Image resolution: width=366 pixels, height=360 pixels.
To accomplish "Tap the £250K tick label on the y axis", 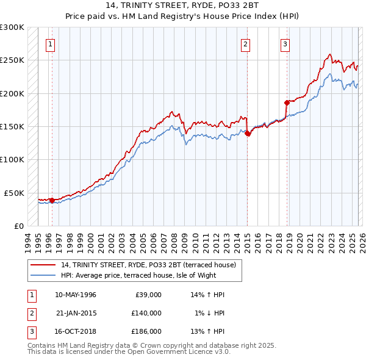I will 12,60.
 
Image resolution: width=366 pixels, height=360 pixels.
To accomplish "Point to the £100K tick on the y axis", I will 12,159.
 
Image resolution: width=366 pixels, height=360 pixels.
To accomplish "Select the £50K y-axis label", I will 15,193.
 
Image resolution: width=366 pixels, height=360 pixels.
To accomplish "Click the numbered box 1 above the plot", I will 49,43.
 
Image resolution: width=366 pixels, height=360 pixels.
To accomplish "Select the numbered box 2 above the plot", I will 245,43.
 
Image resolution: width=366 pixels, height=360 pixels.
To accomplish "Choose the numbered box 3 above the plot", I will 285,43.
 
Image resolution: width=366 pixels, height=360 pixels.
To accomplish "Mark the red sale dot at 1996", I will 52,200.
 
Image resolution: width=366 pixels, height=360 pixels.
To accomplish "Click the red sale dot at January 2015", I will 248,134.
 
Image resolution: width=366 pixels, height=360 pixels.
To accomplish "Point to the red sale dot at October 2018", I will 287,103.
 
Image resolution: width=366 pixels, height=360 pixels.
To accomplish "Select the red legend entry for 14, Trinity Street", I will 134,265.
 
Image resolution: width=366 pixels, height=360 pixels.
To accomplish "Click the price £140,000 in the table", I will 146,312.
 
